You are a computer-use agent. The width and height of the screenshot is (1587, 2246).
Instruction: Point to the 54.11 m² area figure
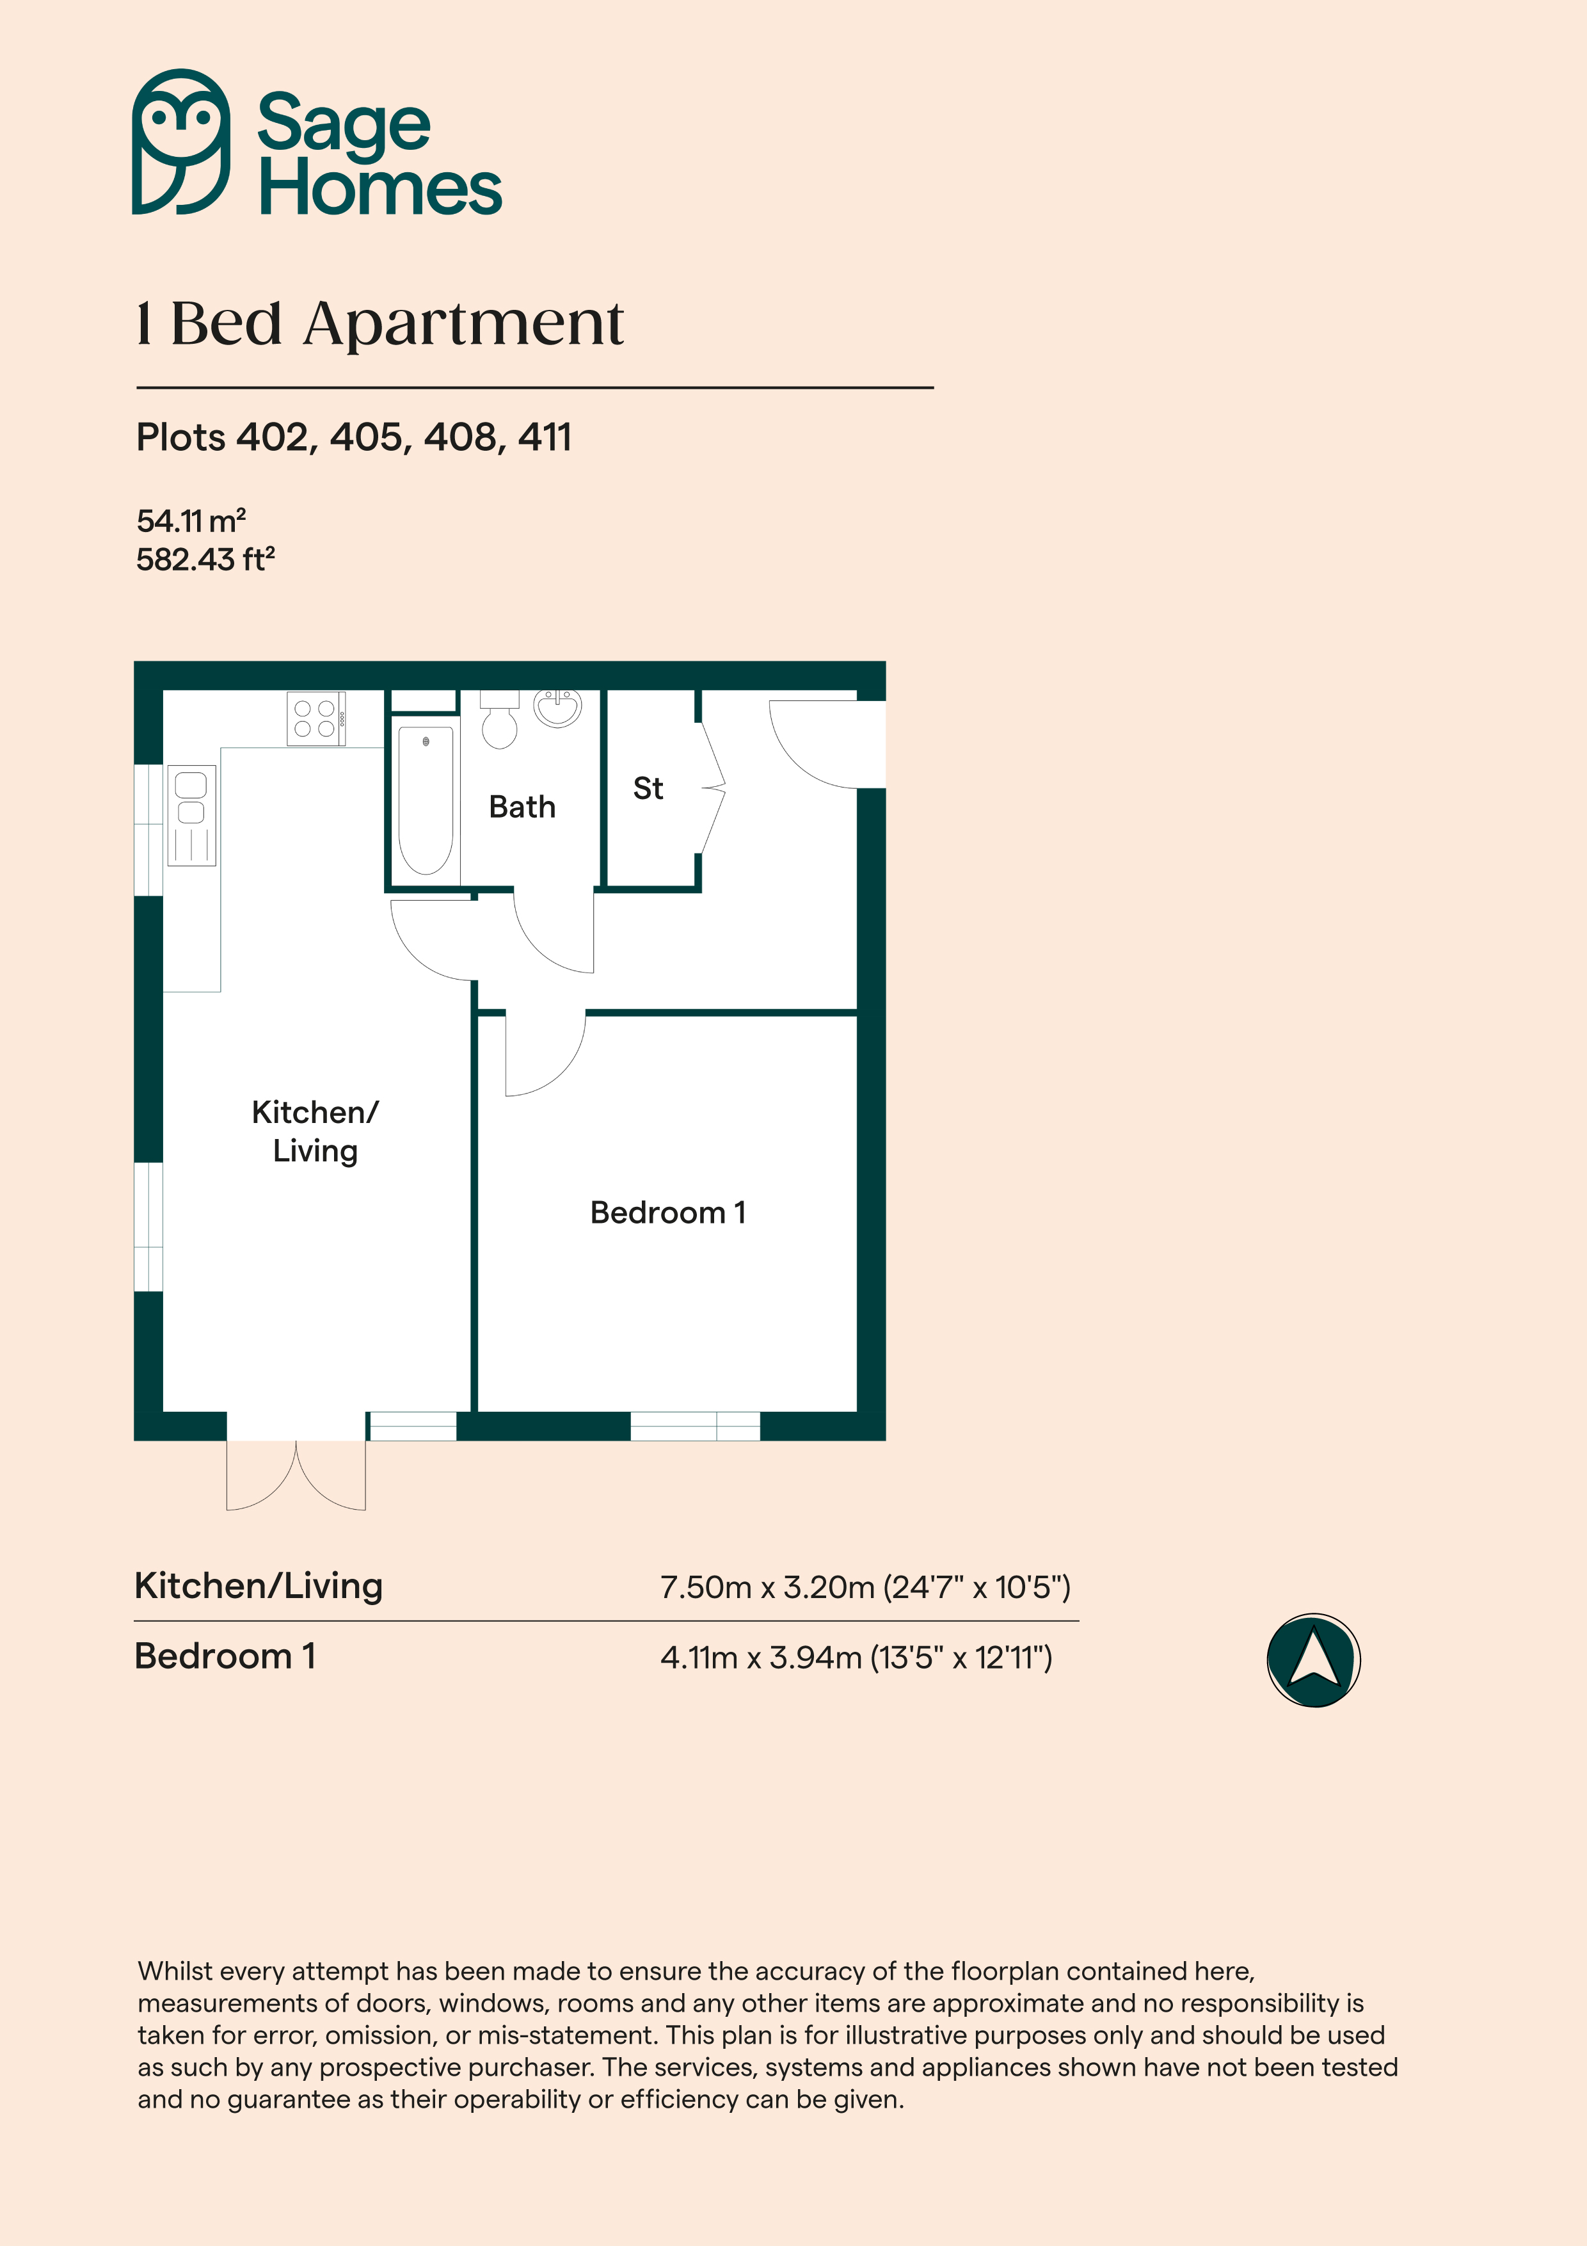(191, 521)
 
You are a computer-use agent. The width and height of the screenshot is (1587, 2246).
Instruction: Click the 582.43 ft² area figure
(205, 560)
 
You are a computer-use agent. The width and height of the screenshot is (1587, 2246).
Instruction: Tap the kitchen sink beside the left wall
(191, 815)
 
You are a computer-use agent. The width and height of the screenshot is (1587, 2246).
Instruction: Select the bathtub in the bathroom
(426, 800)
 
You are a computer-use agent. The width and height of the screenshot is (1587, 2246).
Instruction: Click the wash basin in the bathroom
(557, 707)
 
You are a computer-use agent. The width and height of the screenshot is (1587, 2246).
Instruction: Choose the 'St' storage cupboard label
(648, 788)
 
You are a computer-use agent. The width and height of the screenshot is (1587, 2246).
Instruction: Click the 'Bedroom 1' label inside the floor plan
(668, 1213)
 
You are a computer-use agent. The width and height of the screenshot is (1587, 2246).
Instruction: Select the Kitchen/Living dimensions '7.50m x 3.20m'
(767, 1587)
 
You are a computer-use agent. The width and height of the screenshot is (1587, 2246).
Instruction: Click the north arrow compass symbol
(1313, 1660)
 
